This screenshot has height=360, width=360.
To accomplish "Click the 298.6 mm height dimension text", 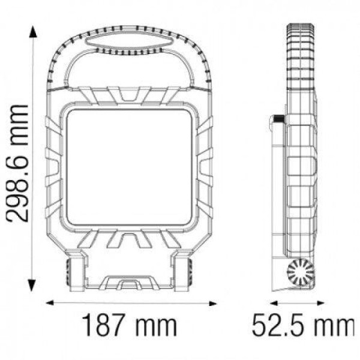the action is pos(17,163).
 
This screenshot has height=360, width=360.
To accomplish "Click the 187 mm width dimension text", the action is pos(130,325).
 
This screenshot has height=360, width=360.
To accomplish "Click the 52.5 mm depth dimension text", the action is pos(304,325).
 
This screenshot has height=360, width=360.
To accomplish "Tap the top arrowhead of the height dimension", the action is pos(33,31).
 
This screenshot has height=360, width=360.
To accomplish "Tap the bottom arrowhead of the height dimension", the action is pos(32,286).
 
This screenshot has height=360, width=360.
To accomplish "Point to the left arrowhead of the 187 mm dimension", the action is pos(50,303).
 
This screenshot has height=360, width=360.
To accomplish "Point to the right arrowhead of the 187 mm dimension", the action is pos(213,304).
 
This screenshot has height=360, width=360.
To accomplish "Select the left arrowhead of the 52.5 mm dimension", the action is pos(274,303).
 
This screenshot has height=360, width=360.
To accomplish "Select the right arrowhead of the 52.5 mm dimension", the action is pos(320,303).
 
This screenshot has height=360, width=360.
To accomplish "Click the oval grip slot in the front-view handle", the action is pos(129,42).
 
